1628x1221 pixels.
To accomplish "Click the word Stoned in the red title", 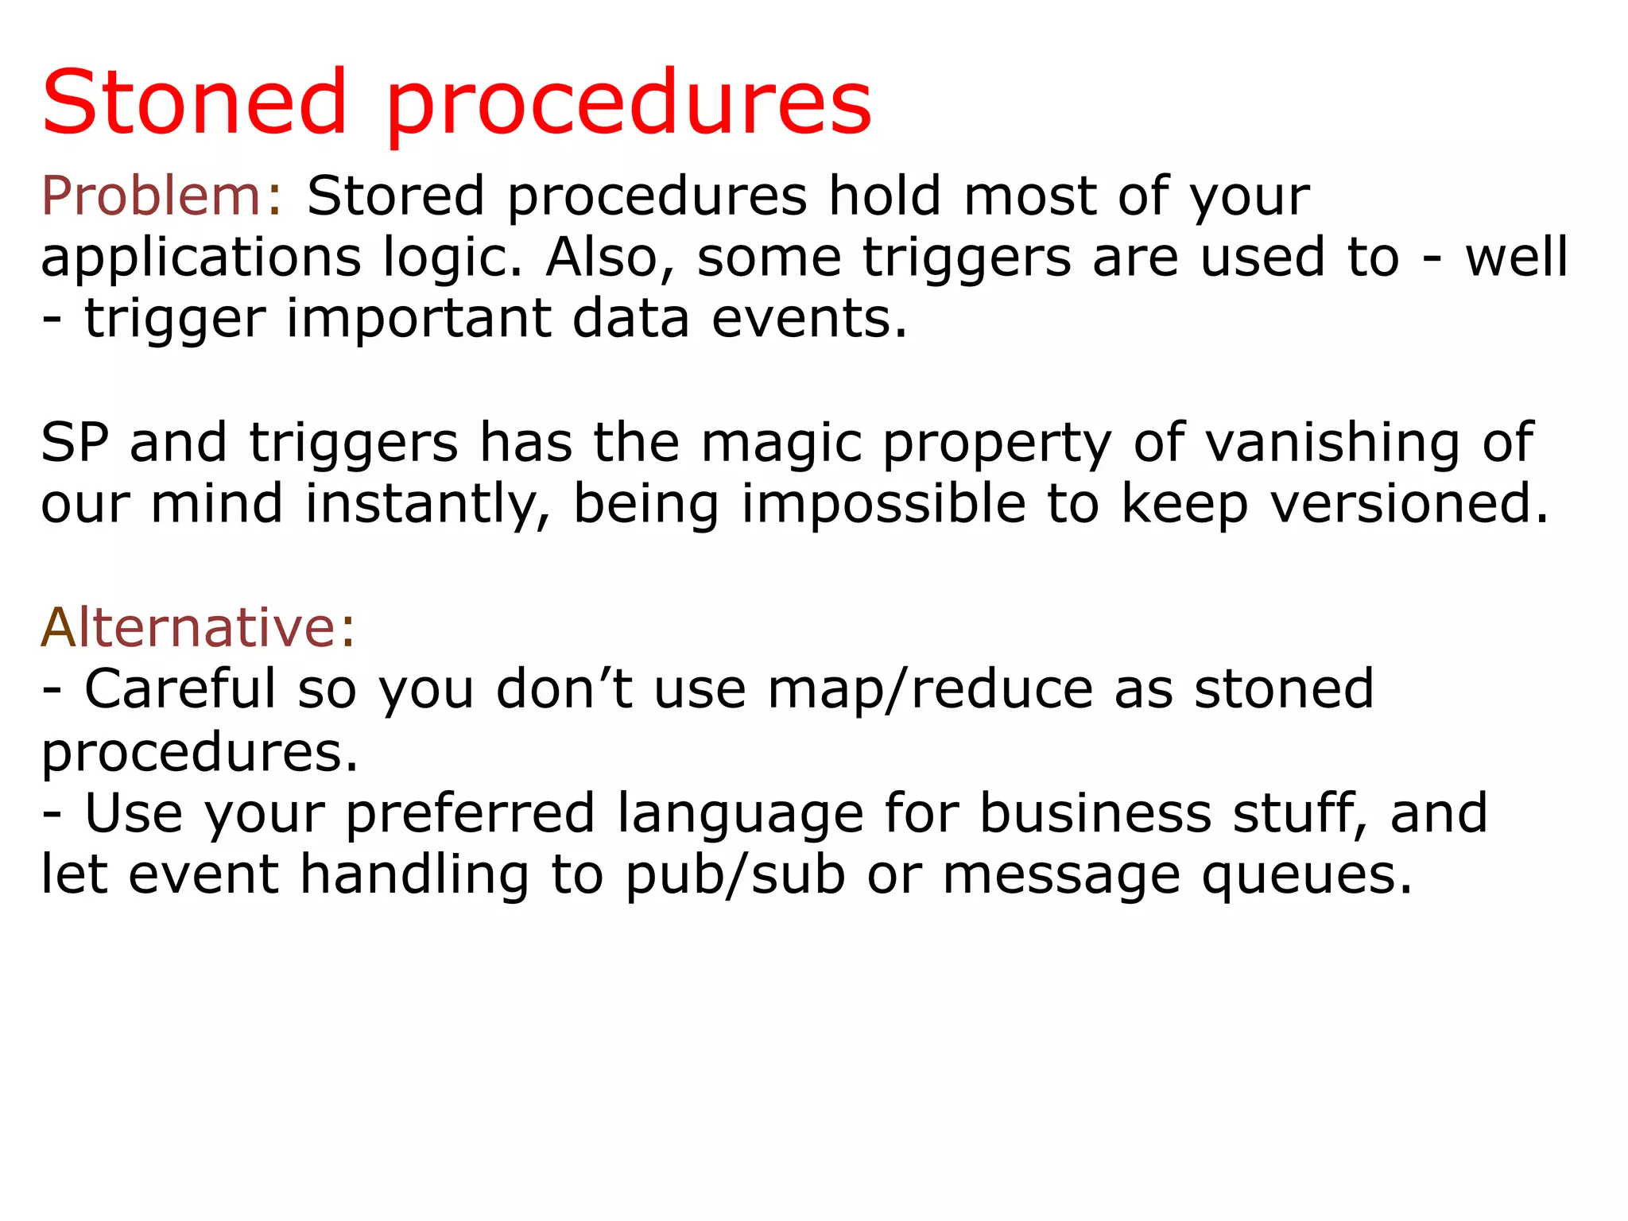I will pyautogui.click(x=195, y=103).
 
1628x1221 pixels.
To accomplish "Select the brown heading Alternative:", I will pyautogui.click(x=198, y=628).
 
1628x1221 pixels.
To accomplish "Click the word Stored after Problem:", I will pyautogui.click(x=396, y=196).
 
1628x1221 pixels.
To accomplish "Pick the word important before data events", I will pyautogui.click(x=418, y=319).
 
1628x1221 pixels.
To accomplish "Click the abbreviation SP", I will pyautogui.click(x=74, y=443).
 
